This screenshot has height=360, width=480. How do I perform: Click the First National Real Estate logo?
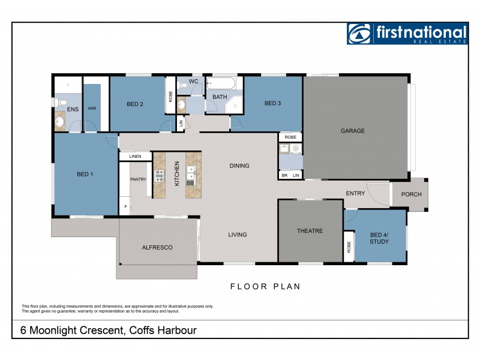(406, 34)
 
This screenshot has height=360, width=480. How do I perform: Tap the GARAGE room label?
(353, 131)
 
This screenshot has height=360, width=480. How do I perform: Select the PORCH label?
(411, 194)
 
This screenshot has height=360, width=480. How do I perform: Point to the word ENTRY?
(355, 193)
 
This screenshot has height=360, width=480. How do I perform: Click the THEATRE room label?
(310, 231)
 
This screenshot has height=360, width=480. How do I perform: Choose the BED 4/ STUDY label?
(379, 238)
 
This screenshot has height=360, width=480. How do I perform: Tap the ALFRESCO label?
(157, 247)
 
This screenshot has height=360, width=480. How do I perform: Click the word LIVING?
(238, 235)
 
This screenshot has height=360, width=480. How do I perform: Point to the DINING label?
(239, 166)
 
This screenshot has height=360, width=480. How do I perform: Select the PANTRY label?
(139, 179)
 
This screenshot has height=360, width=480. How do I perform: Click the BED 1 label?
(83, 175)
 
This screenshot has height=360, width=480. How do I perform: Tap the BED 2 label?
(134, 104)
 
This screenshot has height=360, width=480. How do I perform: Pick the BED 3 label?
(272, 104)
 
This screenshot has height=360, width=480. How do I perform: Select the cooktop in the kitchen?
(160, 176)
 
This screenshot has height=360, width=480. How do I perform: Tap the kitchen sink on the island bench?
(191, 173)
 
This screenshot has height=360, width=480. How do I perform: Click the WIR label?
(92, 109)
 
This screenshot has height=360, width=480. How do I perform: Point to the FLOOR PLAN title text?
(265, 287)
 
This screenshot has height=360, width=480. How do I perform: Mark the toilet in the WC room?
(184, 86)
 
